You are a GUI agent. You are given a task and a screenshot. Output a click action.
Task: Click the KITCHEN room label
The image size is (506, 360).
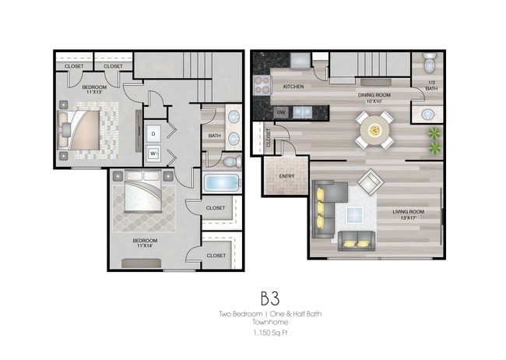point(293,86)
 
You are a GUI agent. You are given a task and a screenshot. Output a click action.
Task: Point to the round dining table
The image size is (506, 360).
point(374,126)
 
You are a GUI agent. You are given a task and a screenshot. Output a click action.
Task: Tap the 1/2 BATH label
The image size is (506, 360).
point(431,86)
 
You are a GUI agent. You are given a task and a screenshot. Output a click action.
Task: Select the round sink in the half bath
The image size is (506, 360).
point(427,115)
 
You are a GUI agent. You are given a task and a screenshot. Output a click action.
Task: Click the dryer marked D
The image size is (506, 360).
point(153,134)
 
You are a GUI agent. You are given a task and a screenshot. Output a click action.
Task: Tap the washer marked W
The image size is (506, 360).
point(153,153)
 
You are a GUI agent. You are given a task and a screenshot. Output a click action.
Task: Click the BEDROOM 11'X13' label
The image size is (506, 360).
point(95,90)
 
